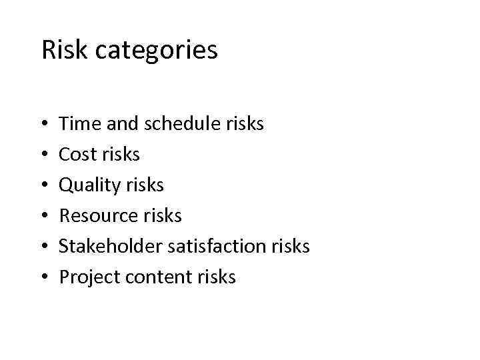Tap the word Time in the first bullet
click(x=78, y=123)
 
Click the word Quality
click(x=89, y=185)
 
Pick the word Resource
click(x=98, y=215)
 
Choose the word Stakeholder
click(x=111, y=246)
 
